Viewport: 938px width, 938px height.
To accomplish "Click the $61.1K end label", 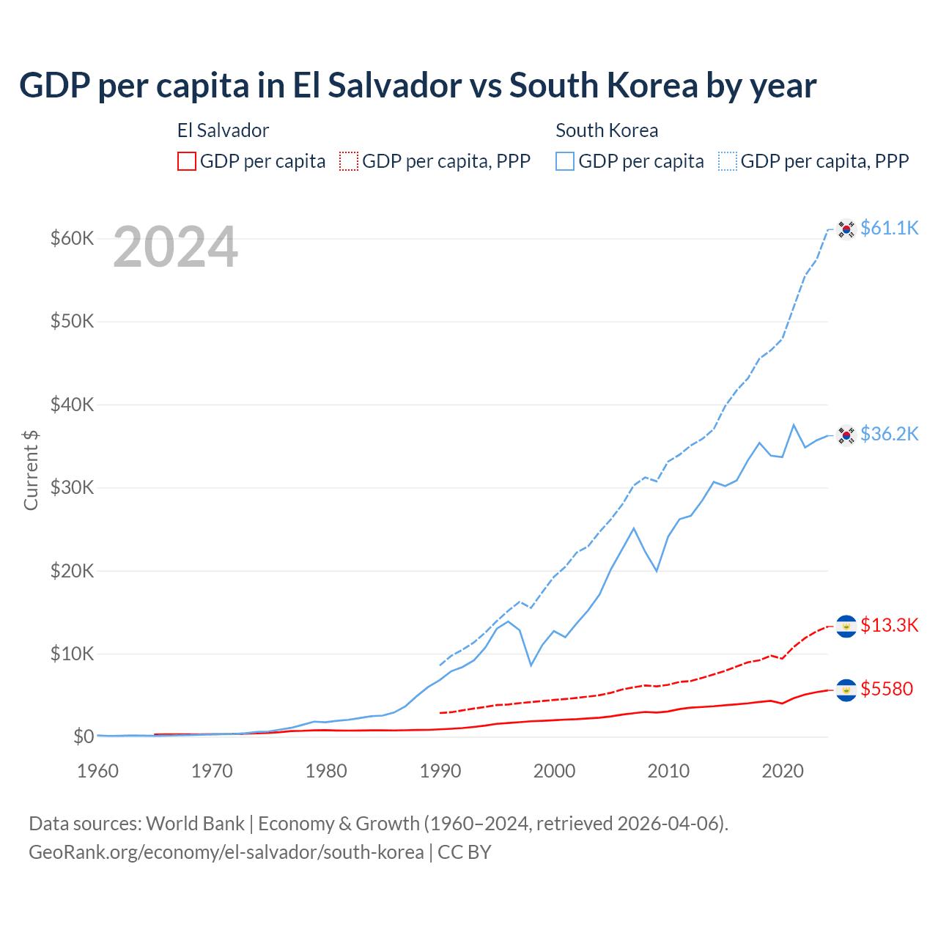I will (889, 228).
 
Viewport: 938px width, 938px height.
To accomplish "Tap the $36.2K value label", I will (889, 434).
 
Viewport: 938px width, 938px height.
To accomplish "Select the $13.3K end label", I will (889, 625).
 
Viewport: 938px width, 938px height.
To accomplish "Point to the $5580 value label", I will (886, 689).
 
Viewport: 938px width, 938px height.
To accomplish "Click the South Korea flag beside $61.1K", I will (846, 229).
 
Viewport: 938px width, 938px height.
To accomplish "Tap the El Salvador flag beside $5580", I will (846, 690).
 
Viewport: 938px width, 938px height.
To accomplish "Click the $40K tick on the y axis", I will (72, 405).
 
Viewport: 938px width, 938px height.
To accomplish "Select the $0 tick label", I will (84, 736).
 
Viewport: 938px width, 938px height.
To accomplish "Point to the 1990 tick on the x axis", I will (440, 771).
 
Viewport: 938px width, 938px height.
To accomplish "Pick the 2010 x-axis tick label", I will (668, 771).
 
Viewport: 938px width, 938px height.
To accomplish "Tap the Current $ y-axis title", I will (31, 470).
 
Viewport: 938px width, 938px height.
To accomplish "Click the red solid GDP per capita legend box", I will (187, 161).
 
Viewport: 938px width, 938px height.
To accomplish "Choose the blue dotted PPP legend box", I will (728, 161).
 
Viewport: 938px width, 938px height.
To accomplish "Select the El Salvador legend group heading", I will (223, 130).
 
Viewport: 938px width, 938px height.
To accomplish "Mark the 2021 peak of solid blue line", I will (794, 424).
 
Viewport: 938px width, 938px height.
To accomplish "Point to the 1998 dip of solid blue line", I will (531, 665).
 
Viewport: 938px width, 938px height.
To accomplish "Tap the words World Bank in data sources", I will (195, 824).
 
